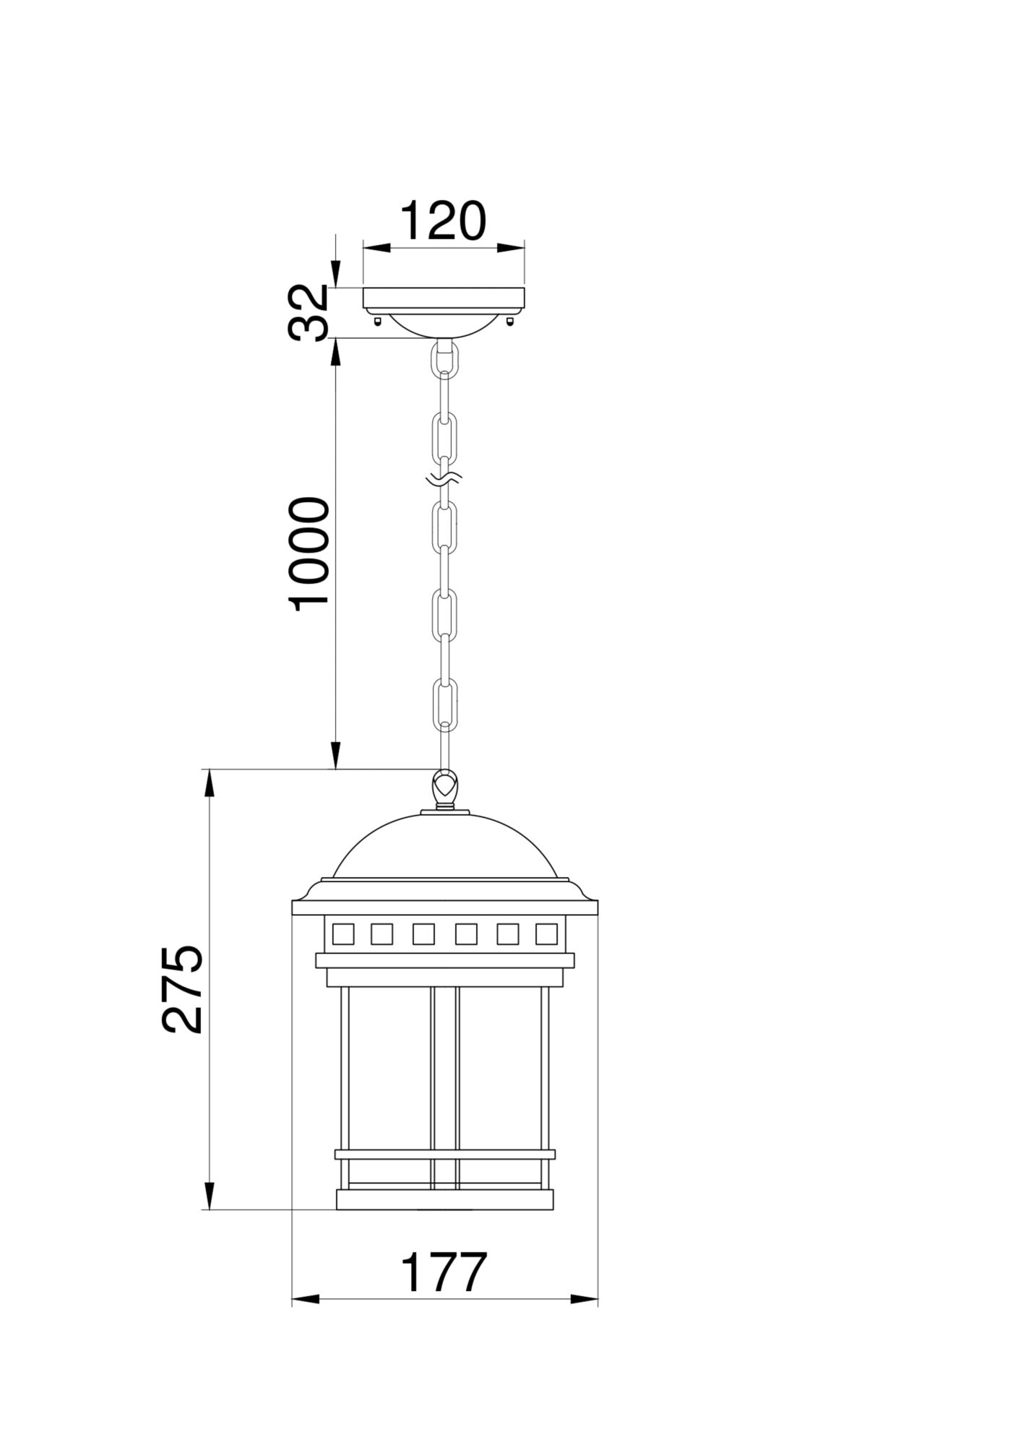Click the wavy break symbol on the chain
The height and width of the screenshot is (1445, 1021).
[x=444, y=478]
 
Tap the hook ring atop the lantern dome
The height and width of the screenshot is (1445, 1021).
[x=445, y=785]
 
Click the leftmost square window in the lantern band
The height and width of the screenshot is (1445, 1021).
[x=343, y=934]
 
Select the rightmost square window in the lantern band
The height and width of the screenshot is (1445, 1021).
[x=546, y=934]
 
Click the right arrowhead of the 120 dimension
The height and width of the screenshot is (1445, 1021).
[x=511, y=249]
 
